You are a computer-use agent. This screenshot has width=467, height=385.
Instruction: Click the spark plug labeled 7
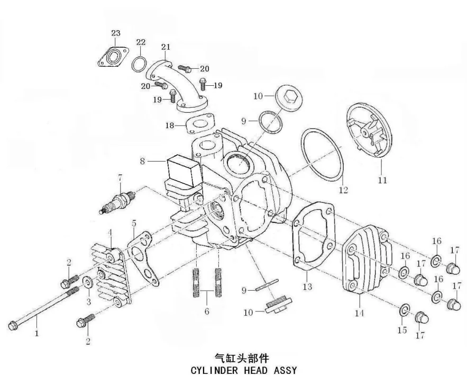point(117,202)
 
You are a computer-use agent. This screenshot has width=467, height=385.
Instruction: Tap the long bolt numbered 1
point(43,308)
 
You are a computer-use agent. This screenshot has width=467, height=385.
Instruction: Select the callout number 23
point(116,33)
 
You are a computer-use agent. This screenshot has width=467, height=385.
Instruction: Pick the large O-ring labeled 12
point(322,155)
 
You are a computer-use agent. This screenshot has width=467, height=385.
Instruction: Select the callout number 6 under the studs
point(207,311)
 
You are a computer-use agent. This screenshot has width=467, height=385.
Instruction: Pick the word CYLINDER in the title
point(214,371)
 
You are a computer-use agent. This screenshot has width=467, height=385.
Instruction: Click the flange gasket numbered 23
point(113,57)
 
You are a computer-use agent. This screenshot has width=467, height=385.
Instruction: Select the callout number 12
point(343,190)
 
